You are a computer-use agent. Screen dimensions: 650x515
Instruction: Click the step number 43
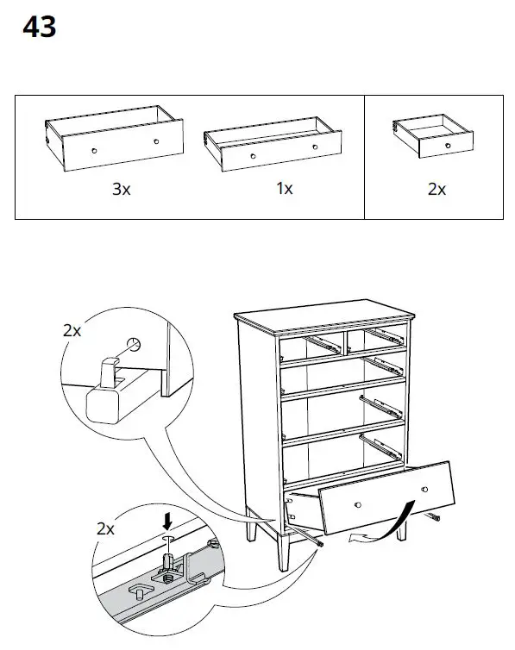[x=39, y=28]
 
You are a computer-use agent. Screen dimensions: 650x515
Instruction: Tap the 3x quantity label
[x=121, y=190]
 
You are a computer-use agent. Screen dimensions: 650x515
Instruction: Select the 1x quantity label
[x=285, y=188]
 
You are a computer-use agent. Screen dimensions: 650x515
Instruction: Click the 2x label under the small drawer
[x=436, y=189]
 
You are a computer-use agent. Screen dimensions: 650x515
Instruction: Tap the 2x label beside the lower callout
[x=104, y=529]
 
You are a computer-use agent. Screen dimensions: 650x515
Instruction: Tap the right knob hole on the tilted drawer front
[x=425, y=489]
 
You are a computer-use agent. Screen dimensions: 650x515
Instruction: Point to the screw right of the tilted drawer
[x=432, y=517]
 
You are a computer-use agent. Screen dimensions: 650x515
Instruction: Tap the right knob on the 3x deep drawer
[x=156, y=141]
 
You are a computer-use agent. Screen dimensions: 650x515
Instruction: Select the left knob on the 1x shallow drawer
[x=253, y=156]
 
